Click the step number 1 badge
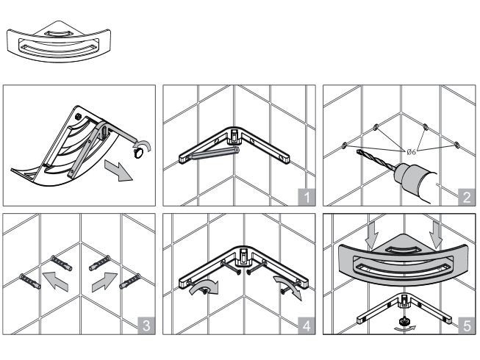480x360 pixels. click(307, 197)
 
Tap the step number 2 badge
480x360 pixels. click(468, 197)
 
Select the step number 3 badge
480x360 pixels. click(146, 325)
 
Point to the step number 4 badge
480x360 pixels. click(307, 325)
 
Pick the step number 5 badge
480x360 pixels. click(468, 325)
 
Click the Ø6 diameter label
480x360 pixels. click(411, 151)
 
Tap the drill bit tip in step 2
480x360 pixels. click(358, 151)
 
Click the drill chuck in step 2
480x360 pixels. click(405, 176)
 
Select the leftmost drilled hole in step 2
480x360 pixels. click(344, 146)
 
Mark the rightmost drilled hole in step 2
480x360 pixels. click(456, 144)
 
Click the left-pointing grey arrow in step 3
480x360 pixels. click(55, 281)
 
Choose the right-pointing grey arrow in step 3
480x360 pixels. click(104, 281)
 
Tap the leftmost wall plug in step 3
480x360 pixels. click(30, 281)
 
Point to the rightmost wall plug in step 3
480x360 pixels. click(130, 281)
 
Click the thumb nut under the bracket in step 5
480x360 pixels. click(403, 321)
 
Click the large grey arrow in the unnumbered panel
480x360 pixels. click(119, 170)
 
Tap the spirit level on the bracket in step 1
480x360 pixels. click(213, 153)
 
